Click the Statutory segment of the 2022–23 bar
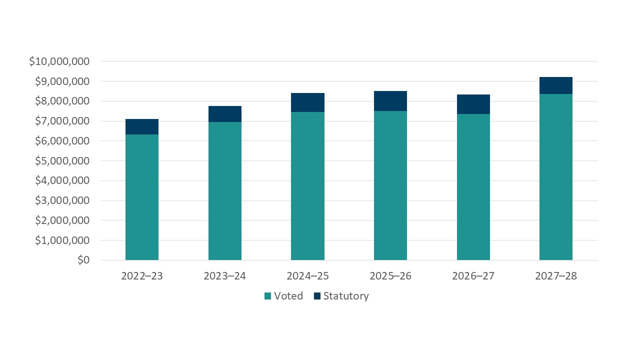[142, 127]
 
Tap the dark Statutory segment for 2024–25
[307, 102]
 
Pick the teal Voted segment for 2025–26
[390, 185]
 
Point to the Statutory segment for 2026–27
[473, 104]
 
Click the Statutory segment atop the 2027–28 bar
[556, 85]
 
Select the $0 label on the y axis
[83, 260]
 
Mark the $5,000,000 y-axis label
[62, 161]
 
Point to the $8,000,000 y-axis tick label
[62, 101]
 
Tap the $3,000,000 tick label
[62, 200]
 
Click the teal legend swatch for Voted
[268, 296]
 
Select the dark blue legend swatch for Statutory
[317, 296]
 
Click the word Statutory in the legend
[346, 296]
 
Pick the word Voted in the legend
[288, 296]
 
